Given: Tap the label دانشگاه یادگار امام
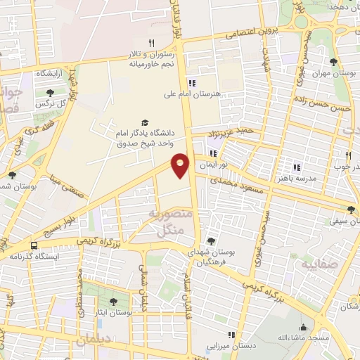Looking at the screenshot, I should (142, 131).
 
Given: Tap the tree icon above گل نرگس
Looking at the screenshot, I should (50, 92).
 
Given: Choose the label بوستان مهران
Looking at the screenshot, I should (331, 73).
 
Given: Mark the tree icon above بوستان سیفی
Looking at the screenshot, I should (351, 210).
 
